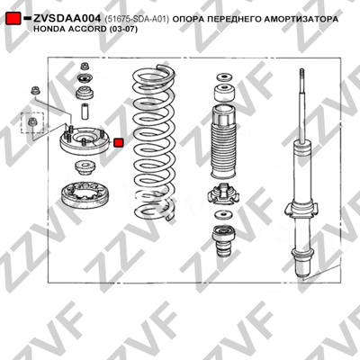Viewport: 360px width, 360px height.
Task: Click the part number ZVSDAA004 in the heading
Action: coord(67,19)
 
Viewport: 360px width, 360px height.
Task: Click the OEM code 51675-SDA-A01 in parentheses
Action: coord(137,19)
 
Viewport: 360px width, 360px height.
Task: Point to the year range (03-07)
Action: coord(123,29)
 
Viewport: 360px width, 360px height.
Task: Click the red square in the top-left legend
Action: coord(13,18)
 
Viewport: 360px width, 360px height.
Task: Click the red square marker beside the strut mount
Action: coord(119,142)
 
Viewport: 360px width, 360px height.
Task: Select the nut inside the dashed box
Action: coord(31,122)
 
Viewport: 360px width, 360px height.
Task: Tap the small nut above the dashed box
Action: coord(36,90)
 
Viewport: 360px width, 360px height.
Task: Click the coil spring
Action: coord(154,141)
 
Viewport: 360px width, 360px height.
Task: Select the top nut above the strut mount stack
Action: coord(85,67)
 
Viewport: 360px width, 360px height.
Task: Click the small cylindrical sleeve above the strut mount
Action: coord(84,112)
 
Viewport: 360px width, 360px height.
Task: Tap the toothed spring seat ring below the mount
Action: coord(86,195)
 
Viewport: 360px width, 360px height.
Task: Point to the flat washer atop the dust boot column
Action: coord(224,77)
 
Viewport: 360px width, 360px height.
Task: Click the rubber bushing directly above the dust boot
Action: coord(224,93)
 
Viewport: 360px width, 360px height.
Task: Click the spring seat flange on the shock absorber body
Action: coord(301,210)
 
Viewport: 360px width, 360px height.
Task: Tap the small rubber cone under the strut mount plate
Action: coord(85,168)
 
